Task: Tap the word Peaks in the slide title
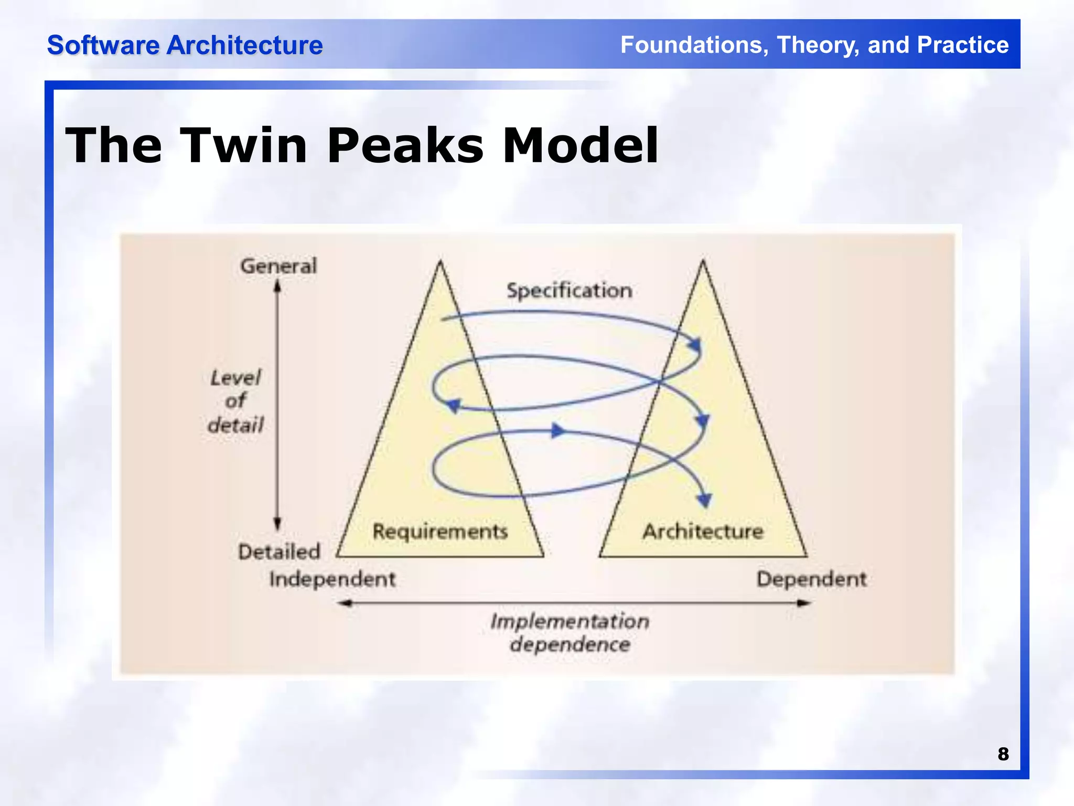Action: (x=405, y=146)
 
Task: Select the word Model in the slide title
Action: (x=580, y=146)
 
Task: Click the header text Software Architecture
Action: (x=185, y=45)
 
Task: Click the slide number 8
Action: (x=1003, y=754)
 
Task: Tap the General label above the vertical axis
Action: (x=278, y=266)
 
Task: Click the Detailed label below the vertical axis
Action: (x=278, y=552)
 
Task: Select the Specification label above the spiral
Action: (x=569, y=290)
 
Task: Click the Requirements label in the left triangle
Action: (x=440, y=531)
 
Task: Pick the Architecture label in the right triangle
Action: (x=703, y=531)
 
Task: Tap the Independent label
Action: (x=332, y=579)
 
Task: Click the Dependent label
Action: (x=811, y=579)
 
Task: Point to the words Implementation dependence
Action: (x=570, y=632)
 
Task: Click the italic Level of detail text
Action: (x=236, y=401)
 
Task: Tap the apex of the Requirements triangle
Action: (x=440, y=262)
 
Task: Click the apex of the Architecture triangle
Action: (x=703, y=262)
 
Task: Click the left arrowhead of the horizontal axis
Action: (x=344, y=603)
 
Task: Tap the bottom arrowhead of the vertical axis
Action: (x=277, y=523)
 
